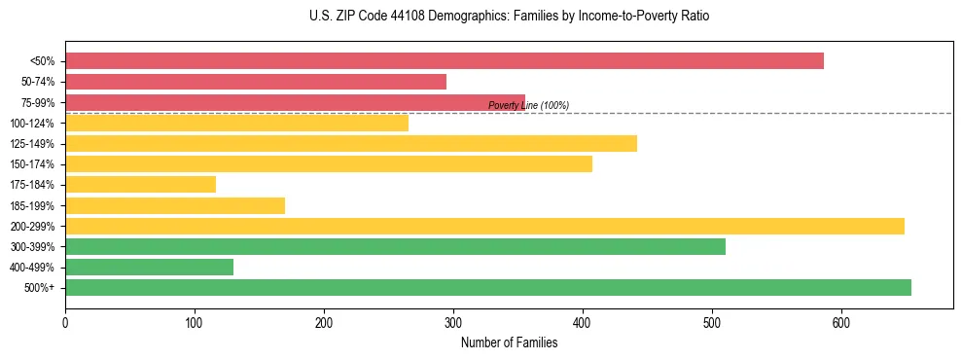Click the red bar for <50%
point(444,61)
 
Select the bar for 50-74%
point(256,82)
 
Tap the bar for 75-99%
point(295,102)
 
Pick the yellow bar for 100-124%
point(236,123)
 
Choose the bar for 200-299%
point(484,226)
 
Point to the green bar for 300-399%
point(395,246)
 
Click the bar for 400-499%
point(149,267)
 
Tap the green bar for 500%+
point(488,287)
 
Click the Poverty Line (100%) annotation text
point(528,105)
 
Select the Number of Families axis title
point(509,342)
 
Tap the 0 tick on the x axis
point(65,322)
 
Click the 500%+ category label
point(40,288)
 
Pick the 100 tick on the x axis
point(195,322)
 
